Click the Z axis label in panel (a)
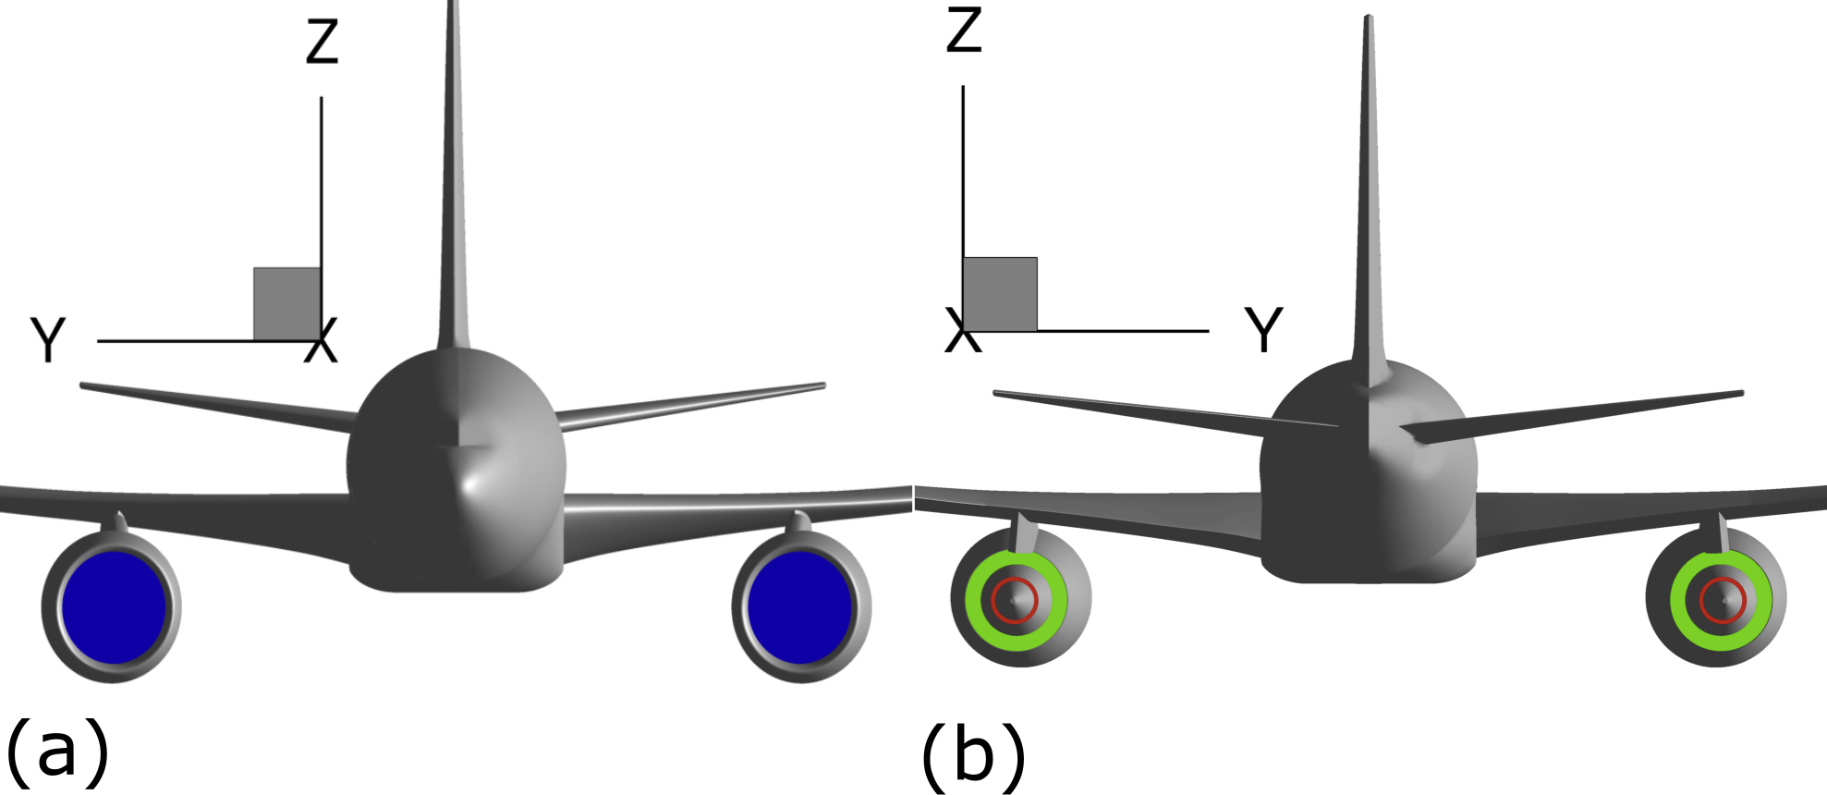[323, 43]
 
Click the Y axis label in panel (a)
[48, 339]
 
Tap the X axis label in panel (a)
[322, 341]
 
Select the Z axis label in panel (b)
[964, 31]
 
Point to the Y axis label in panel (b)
[1263, 330]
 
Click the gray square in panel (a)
[287, 304]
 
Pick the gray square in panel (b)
[1000, 294]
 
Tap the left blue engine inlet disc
[114, 607]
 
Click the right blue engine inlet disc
[800, 607]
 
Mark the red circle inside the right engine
[1722, 580]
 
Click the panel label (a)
[57, 749]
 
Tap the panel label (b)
[973, 754]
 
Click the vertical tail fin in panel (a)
[453, 185]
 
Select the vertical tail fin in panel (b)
[1369, 185]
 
